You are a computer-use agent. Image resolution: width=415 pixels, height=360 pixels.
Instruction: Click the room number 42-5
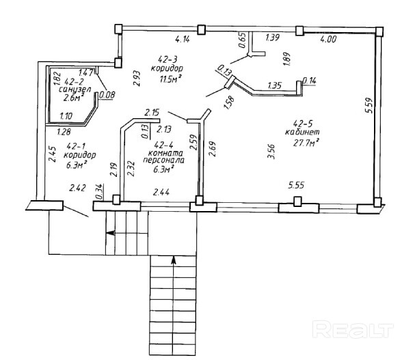click(x=303, y=123)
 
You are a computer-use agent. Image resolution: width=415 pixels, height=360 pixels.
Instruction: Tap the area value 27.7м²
click(x=306, y=143)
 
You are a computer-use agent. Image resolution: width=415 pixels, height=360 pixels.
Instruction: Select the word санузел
click(x=75, y=89)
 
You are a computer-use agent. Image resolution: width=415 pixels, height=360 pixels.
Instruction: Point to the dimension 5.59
click(x=369, y=105)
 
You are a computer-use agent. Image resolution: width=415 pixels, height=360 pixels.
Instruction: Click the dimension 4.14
click(x=183, y=40)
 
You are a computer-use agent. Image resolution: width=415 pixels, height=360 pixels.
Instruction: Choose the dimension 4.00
click(x=328, y=39)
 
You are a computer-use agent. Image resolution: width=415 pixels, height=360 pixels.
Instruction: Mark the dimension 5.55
click(x=296, y=185)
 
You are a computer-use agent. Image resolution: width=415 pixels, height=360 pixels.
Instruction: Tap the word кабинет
click(x=302, y=132)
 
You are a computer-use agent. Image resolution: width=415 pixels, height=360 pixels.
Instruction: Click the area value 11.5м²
click(x=172, y=79)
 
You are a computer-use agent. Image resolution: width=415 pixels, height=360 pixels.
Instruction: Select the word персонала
click(x=163, y=161)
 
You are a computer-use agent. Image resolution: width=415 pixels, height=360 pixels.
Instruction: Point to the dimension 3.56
click(x=271, y=151)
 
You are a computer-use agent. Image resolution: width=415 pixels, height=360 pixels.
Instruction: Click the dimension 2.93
click(x=137, y=78)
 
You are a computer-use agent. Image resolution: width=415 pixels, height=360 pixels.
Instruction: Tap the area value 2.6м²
click(x=73, y=98)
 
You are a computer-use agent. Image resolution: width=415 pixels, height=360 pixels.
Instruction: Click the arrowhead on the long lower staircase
click(x=174, y=260)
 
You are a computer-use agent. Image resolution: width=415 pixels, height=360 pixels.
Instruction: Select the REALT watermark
click(x=353, y=329)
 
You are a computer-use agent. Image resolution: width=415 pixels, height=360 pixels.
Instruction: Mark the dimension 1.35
click(x=274, y=85)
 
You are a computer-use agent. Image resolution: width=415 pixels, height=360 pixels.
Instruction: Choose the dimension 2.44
click(x=161, y=192)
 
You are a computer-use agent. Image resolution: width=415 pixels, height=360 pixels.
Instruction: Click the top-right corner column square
click(x=379, y=31)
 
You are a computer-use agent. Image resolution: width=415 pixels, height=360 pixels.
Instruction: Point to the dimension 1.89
click(x=287, y=59)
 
